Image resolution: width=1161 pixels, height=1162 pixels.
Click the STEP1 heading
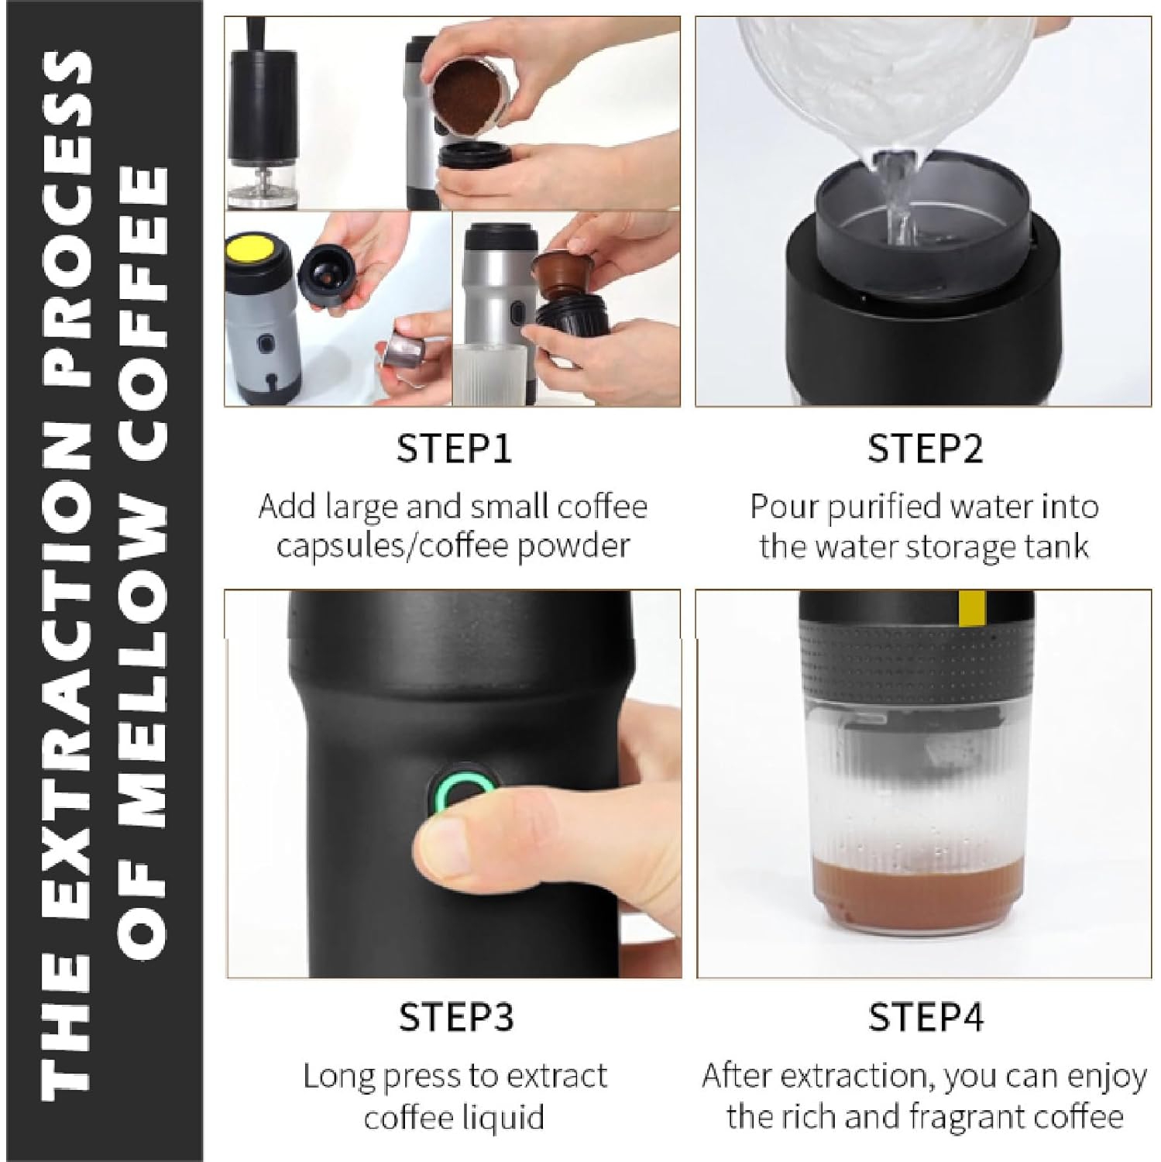[454, 449]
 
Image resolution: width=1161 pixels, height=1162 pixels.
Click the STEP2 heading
[925, 449]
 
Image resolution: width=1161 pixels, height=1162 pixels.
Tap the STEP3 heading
[455, 1017]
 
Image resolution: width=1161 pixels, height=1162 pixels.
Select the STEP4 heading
[926, 1017]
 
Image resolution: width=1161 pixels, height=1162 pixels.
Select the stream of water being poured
[897, 194]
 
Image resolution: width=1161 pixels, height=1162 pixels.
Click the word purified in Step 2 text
[885, 507]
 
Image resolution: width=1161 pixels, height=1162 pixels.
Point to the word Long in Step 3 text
[338, 1076]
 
